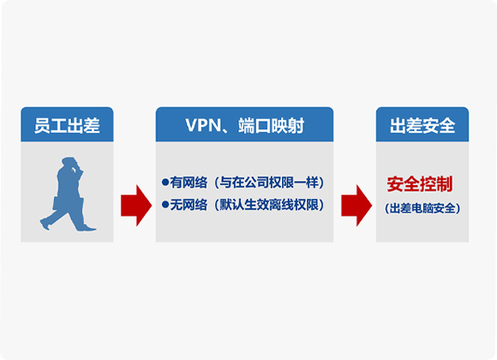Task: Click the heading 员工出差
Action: [67, 126]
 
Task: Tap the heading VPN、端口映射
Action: [245, 126]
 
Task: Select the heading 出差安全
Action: [422, 126]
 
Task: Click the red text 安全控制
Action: [420, 184]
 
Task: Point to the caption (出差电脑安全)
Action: [422, 208]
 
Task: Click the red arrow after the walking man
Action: [136, 206]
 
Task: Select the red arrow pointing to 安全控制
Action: [356, 206]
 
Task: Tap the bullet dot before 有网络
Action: [165, 182]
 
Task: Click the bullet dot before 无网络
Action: [165, 205]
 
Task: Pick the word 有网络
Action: [189, 183]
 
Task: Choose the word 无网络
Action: [189, 205]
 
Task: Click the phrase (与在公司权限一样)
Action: [269, 183]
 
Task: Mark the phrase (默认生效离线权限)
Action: [269, 205]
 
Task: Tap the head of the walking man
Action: [69, 163]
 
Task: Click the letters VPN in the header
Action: [203, 126]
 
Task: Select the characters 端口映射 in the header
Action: [272, 126]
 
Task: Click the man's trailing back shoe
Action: [45, 225]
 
